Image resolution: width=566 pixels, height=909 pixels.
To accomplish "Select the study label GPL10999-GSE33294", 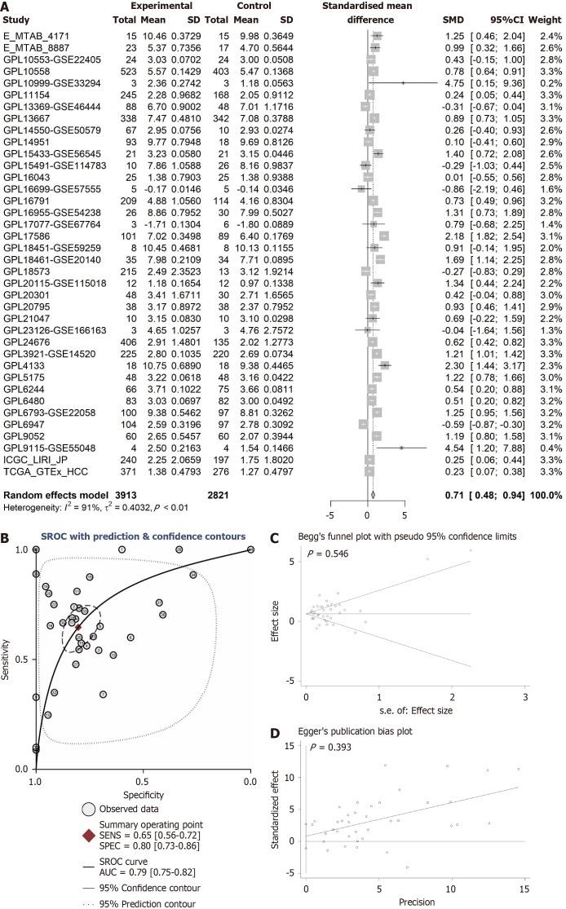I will [45, 83].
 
